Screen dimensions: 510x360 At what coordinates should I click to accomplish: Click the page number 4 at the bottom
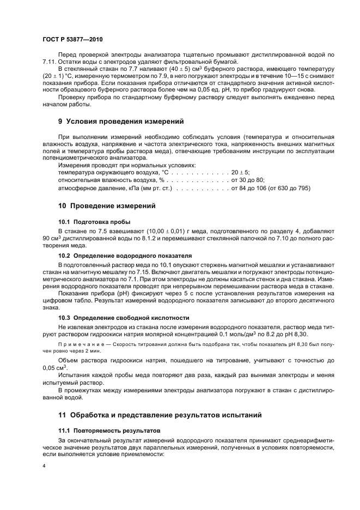click(x=45, y=466)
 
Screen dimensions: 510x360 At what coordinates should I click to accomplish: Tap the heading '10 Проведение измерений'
click(x=107, y=207)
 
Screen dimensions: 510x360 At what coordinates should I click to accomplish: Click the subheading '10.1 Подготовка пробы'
click(x=94, y=222)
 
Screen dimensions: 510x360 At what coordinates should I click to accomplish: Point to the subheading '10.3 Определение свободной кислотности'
click(x=124, y=317)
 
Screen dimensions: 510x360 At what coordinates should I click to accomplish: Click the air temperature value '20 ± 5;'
click(x=241, y=172)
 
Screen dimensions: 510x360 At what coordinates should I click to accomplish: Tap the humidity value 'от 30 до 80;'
click(x=248, y=180)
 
